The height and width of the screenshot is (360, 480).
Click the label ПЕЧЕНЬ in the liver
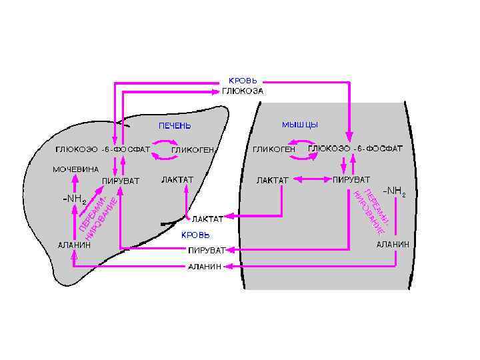pos(174,126)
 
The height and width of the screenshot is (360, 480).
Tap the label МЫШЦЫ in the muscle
pos(299,125)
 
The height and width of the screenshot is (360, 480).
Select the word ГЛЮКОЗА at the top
pos(243,91)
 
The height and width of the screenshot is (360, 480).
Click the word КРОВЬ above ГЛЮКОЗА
pos(243,81)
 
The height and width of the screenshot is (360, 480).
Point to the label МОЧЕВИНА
pos(75,169)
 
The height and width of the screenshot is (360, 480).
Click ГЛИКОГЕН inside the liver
pos(192,150)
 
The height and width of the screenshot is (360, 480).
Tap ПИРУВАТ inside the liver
pos(121,181)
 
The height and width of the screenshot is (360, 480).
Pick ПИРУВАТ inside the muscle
pos(351,180)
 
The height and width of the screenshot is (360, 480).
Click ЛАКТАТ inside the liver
pos(177,180)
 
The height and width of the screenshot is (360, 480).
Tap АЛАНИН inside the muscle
pos(393,245)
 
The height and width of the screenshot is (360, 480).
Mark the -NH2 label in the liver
pos(74,199)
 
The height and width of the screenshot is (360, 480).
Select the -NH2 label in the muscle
pos(393,191)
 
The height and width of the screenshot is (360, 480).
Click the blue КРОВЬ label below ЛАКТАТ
pos(195,235)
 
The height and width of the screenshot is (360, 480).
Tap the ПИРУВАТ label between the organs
pos(206,251)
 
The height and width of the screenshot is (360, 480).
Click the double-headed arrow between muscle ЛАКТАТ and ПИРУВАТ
pos(311,179)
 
